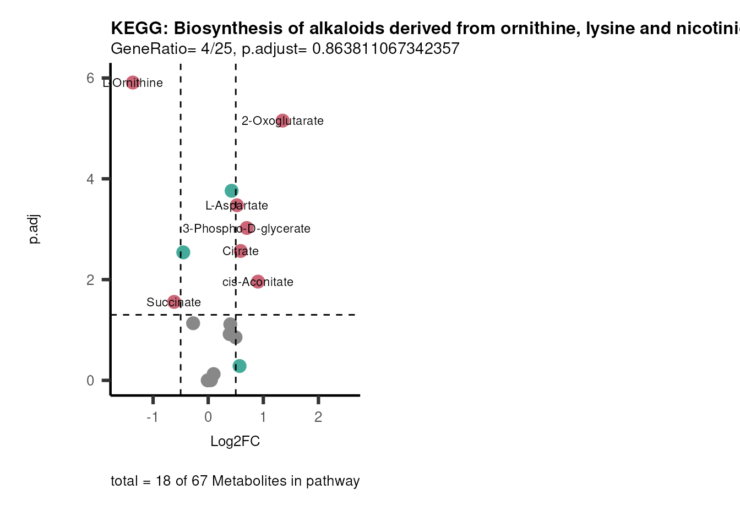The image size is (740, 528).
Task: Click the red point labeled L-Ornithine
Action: point(132,82)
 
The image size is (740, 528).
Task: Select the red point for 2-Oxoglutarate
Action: point(282,120)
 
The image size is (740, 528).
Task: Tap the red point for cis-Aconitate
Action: point(258,282)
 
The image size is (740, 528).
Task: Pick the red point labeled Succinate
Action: point(174,301)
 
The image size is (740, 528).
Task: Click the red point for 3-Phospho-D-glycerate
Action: point(247,228)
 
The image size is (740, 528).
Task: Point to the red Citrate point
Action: point(241,251)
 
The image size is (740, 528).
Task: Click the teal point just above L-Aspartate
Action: point(231,191)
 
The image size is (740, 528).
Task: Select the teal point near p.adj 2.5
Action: point(183,252)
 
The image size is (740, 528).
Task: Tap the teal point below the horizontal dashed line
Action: point(240,366)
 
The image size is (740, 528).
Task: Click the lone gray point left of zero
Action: point(193,323)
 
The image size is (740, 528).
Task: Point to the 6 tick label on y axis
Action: point(90,78)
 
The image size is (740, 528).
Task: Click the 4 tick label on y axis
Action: point(90,179)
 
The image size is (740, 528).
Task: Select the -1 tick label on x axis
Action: point(153,417)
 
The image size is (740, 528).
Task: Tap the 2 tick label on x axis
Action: point(318,417)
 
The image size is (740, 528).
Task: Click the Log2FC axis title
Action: point(235,441)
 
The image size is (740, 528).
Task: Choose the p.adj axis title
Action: point(34,229)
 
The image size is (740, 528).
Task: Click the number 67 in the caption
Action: point(199,481)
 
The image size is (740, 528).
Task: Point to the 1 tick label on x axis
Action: point(263,417)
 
